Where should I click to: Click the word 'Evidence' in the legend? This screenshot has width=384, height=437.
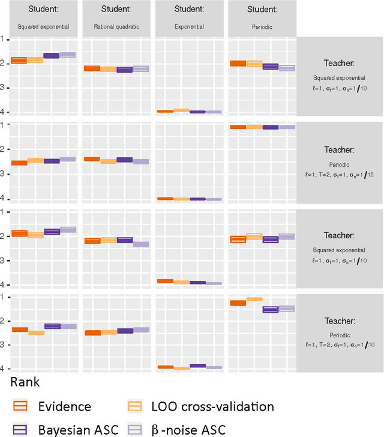point(64,406)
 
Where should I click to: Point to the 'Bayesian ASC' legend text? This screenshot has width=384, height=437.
point(78,429)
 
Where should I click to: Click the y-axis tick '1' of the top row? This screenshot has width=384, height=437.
point(3,39)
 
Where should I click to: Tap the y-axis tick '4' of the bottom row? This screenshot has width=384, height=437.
point(3,369)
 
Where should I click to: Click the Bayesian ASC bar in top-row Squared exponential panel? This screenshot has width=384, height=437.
point(52,56)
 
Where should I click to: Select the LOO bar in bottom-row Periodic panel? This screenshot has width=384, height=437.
point(254,298)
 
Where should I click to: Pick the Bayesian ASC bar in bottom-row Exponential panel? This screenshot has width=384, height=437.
point(197,366)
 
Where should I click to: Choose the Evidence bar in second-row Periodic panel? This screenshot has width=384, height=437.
point(238,127)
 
